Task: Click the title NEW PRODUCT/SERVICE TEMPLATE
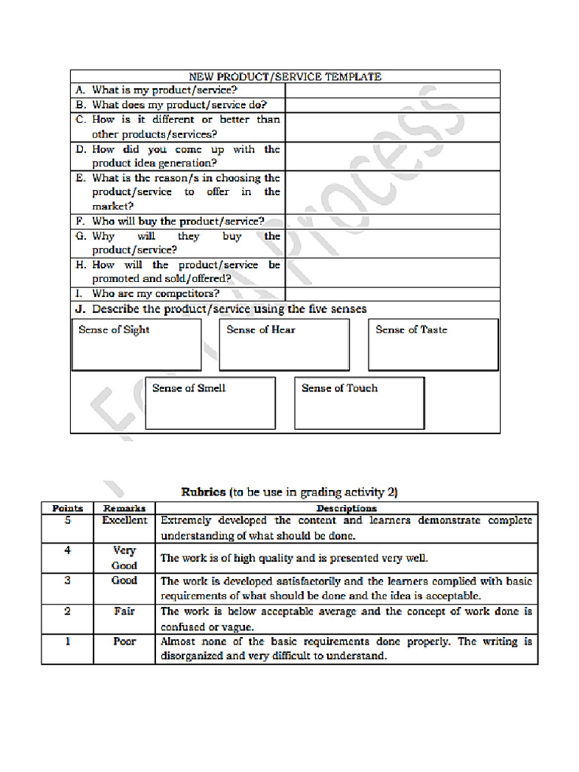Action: coord(285,76)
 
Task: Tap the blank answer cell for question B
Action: coord(392,106)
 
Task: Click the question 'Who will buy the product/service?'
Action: coord(178,222)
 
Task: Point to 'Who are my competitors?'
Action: coord(155,294)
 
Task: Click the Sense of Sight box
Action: coord(136,345)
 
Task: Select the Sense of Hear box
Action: coord(284,345)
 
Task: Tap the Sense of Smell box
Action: coord(210,403)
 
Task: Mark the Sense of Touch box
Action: coord(360,403)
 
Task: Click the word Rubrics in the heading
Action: coord(204,492)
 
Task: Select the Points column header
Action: coord(68,508)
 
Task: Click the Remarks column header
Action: coord(124,508)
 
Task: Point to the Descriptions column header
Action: coord(346,508)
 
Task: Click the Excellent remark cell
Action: coord(124,520)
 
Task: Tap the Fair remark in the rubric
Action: coord(124,611)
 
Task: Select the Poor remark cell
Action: coord(124,642)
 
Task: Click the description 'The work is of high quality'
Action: coord(294,559)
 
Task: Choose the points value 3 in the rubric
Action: coord(68,581)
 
